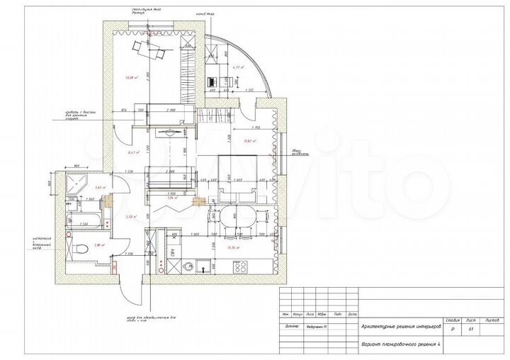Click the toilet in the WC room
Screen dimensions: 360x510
click(x=81, y=249)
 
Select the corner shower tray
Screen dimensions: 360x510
click(x=75, y=186)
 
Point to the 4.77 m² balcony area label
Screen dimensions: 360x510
click(x=237, y=69)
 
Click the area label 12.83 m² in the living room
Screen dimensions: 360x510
click(x=248, y=141)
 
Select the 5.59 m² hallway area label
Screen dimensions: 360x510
click(x=130, y=217)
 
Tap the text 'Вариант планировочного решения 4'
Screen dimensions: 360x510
click(x=400, y=344)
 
